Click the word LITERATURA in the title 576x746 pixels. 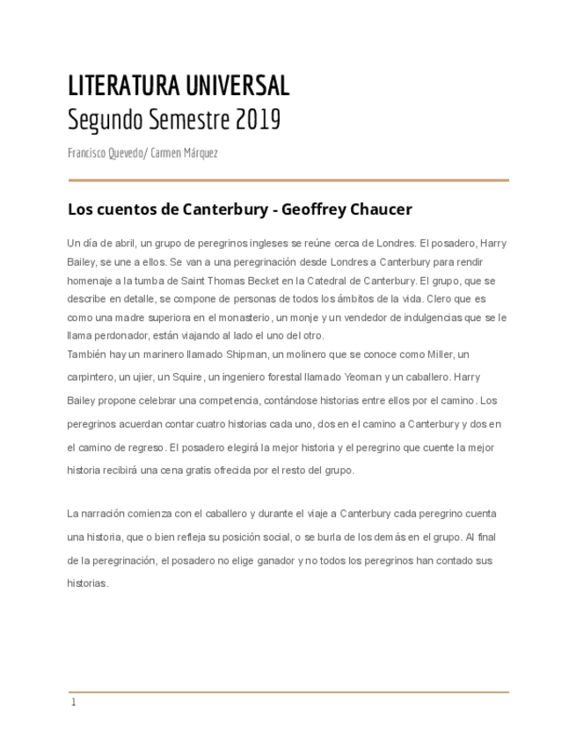pos(123,86)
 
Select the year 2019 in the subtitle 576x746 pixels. pos(258,120)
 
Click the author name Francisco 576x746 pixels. pos(87,153)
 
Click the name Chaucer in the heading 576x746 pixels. pos(381,210)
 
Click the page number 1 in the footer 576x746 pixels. pos(74,703)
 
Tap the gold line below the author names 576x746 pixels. pos(288,180)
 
